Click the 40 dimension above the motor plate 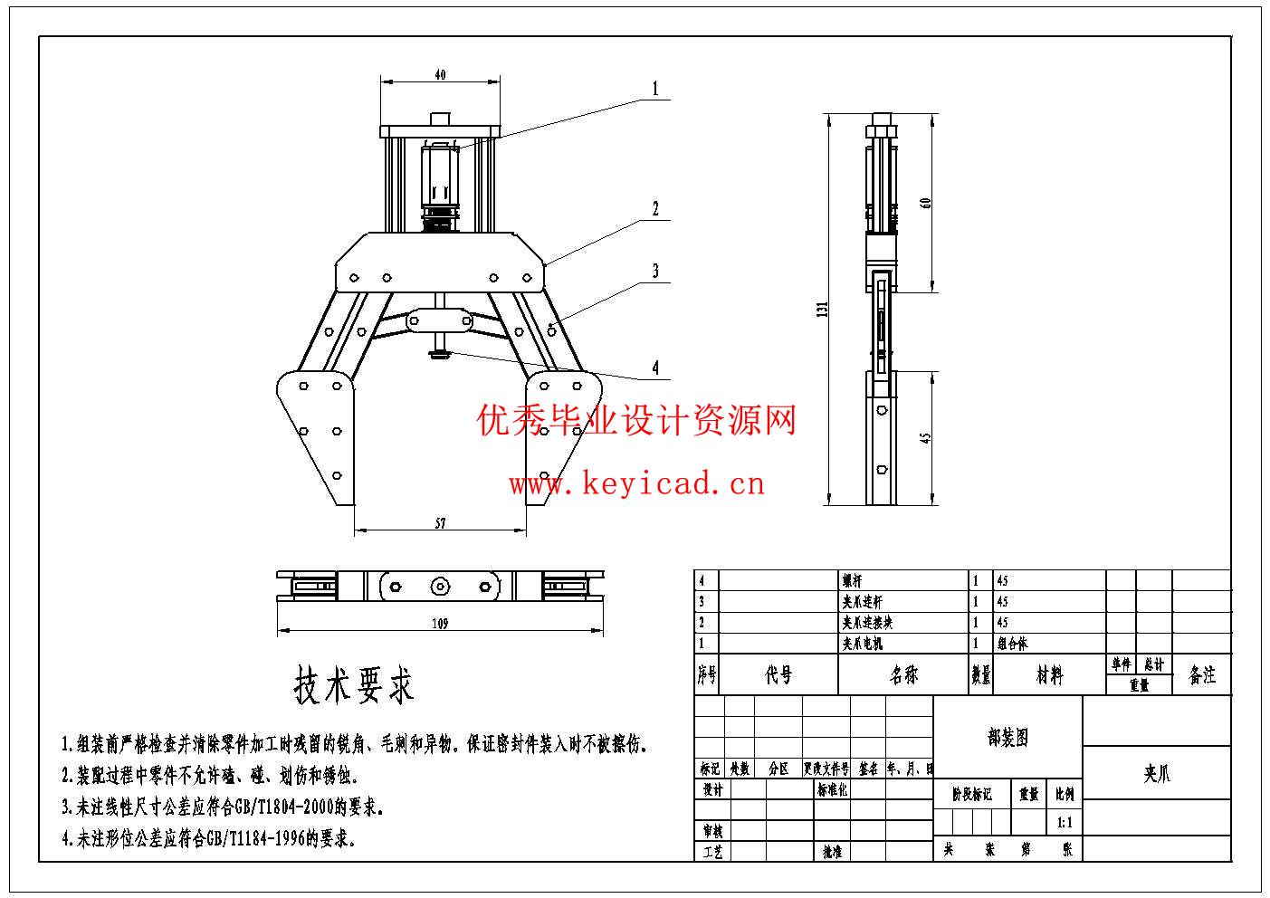[x=440, y=75]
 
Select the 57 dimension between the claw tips [x=441, y=523]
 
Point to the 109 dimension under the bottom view [x=440, y=624]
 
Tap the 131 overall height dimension [x=823, y=309]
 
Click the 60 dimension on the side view [x=925, y=203]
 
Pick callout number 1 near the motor [x=655, y=90]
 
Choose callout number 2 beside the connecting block [x=655, y=209]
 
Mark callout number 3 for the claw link [x=655, y=271]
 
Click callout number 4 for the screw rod [x=655, y=368]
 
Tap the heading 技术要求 [x=354, y=685]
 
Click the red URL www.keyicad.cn [x=636, y=484]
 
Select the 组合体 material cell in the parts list [x=1013, y=644]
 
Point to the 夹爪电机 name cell [x=862, y=644]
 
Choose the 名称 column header [x=902, y=675]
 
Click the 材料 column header [x=1049, y=675]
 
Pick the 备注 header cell [x=1202, y=675]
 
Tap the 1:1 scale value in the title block [x=1064, y=823]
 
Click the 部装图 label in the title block [x=1007, y=738]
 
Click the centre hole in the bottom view [x=439, y=587]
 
